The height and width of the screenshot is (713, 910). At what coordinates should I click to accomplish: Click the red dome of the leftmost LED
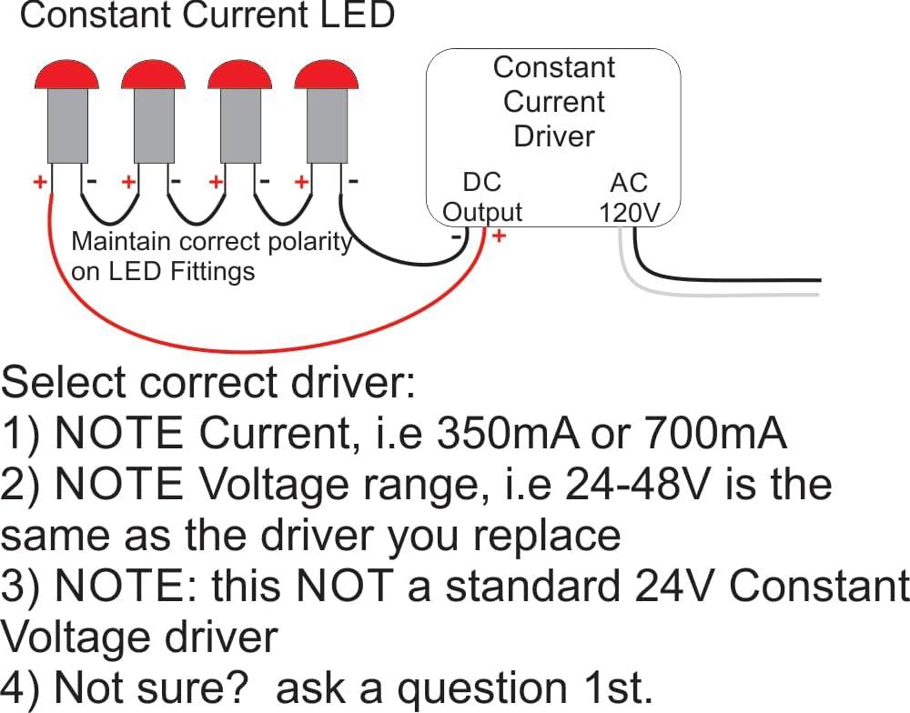tap(66, 75)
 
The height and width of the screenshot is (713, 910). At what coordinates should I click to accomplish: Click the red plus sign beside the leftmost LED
tap(40, 182)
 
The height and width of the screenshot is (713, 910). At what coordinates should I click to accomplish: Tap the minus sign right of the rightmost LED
tap(353, 181)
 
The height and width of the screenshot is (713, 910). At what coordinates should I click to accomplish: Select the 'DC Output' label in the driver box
tap(481, 196)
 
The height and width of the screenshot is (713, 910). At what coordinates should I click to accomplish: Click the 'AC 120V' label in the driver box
tap(628, 197)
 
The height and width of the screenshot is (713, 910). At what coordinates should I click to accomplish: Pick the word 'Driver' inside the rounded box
tap(553, 136)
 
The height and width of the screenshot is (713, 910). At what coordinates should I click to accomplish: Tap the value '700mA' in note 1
tap(714, 435)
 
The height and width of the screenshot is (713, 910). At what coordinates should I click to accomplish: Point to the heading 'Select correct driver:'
tap(208, 384)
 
